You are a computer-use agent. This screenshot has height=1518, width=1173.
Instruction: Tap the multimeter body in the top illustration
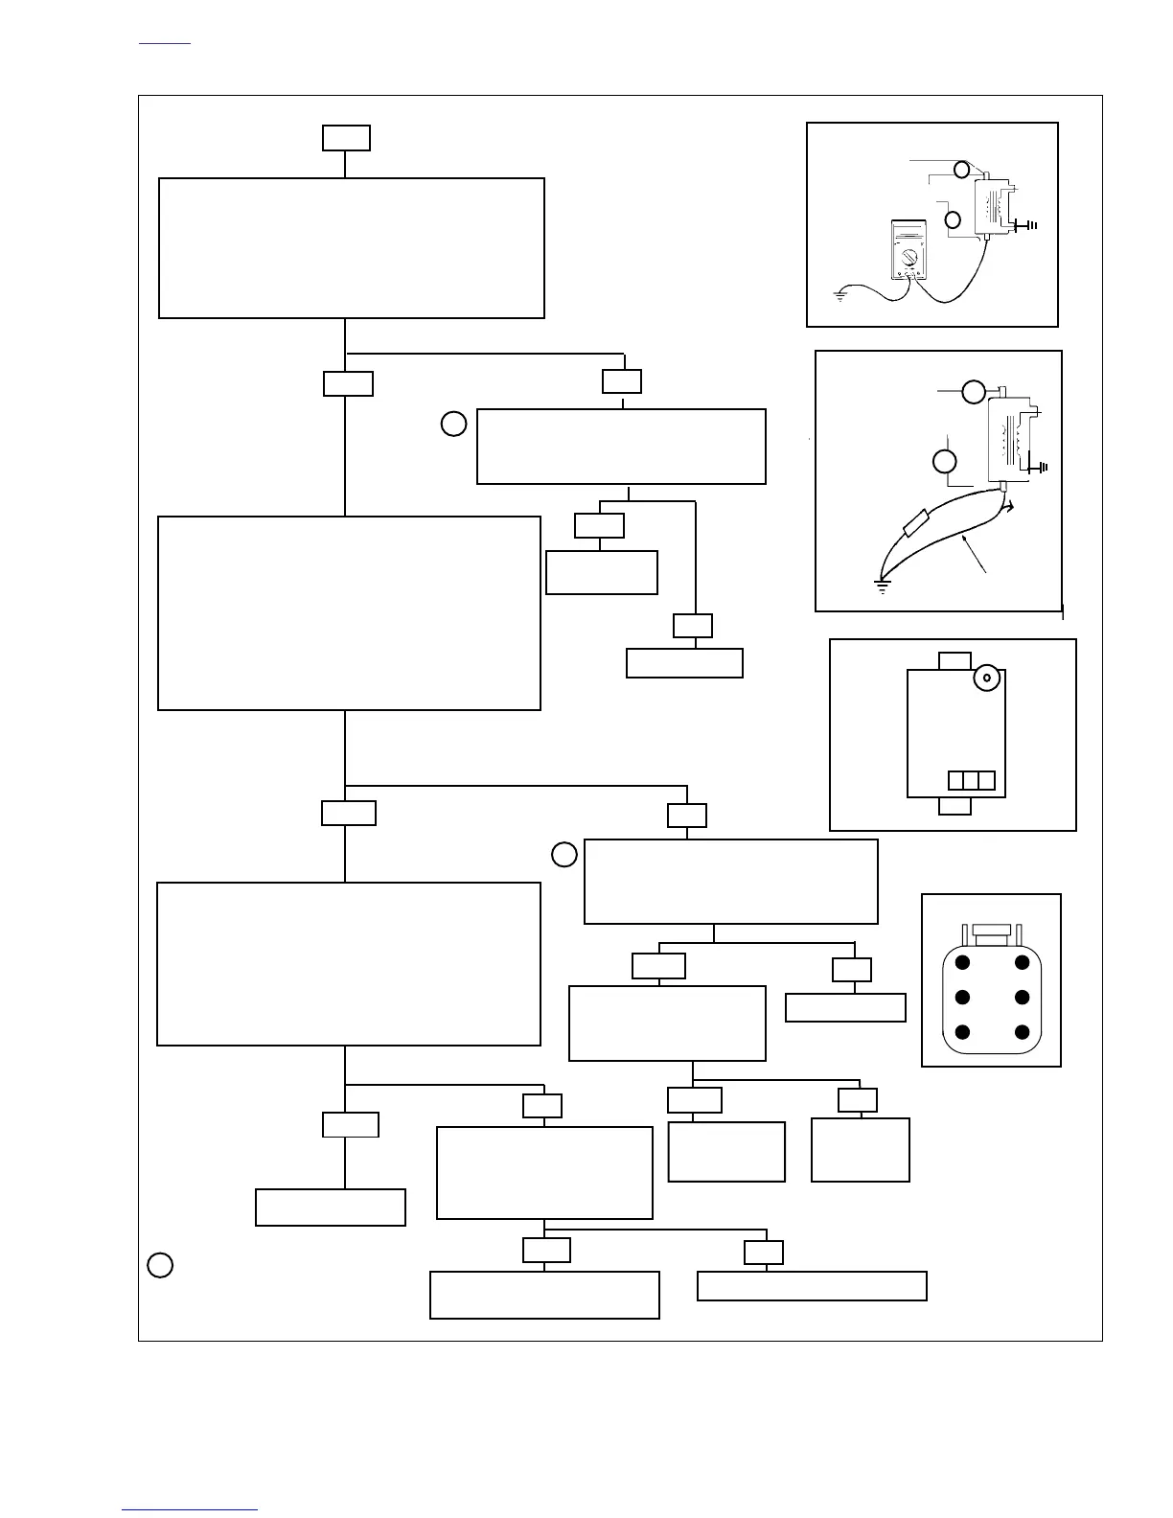(x=907, y=250)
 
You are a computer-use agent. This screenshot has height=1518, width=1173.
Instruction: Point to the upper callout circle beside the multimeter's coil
(x=961, y=170)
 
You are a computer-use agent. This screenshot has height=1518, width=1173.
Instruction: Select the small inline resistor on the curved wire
(x=915, y=522)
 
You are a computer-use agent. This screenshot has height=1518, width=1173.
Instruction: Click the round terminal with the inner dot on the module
(x=986, y=678)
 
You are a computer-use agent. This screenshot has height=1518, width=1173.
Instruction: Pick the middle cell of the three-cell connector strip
(x=972, y=780)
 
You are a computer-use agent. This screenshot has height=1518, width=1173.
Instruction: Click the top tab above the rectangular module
(x=954, y=661)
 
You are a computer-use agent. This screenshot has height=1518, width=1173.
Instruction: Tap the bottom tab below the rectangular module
(x=954, y=806)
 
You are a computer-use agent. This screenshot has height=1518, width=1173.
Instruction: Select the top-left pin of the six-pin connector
(x=963, y=962)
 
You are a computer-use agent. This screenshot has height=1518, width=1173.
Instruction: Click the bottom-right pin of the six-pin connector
(x=1023, y=1032)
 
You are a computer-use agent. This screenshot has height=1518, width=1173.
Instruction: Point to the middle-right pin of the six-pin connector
(x=1023, y=998)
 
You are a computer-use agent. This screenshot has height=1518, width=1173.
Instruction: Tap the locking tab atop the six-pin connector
(x=992, y=930)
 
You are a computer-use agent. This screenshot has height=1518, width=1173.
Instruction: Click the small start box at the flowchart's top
(x=346, y=138)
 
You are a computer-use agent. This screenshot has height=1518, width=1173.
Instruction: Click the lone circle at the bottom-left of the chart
(x=160, y=1265)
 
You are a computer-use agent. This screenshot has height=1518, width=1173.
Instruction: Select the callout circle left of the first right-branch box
(x=453, y=423)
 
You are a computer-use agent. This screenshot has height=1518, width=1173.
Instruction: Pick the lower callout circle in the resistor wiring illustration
(x=944, y=461)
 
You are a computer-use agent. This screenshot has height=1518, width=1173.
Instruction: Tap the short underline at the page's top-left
(x=165, y=43)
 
